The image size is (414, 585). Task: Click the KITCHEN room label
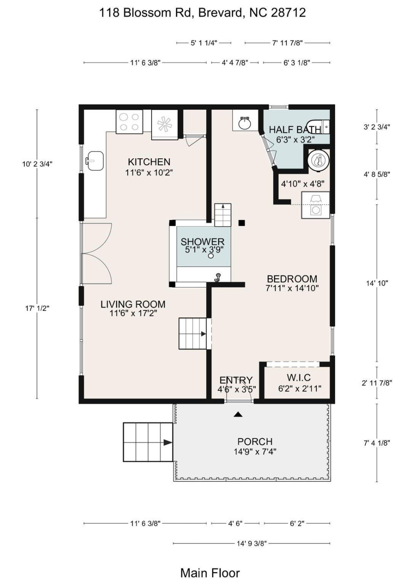tap(149, 162)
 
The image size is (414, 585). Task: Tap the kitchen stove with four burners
tap(129, 122)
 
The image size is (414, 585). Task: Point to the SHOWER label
tap(202, 242)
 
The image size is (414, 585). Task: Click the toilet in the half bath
tap(318, 127)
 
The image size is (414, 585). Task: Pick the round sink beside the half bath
tap(244, 122)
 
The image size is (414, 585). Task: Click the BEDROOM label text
tap(292, 279)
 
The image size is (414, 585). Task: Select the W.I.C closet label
tap(299, 378)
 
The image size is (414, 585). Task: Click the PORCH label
tap(255, 442)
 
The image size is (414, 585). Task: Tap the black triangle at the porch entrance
tap(238, 414)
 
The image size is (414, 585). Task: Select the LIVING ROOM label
tap(133, 304)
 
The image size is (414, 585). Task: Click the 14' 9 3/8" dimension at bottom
tap(251, 543)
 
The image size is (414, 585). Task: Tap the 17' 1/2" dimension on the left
tap(37, 308)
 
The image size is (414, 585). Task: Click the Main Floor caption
tap(210, 573)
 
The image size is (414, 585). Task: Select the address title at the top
tap(202, 13)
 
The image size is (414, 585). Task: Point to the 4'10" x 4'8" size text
tap(302, 184)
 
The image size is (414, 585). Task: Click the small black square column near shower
tap(242, 223)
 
